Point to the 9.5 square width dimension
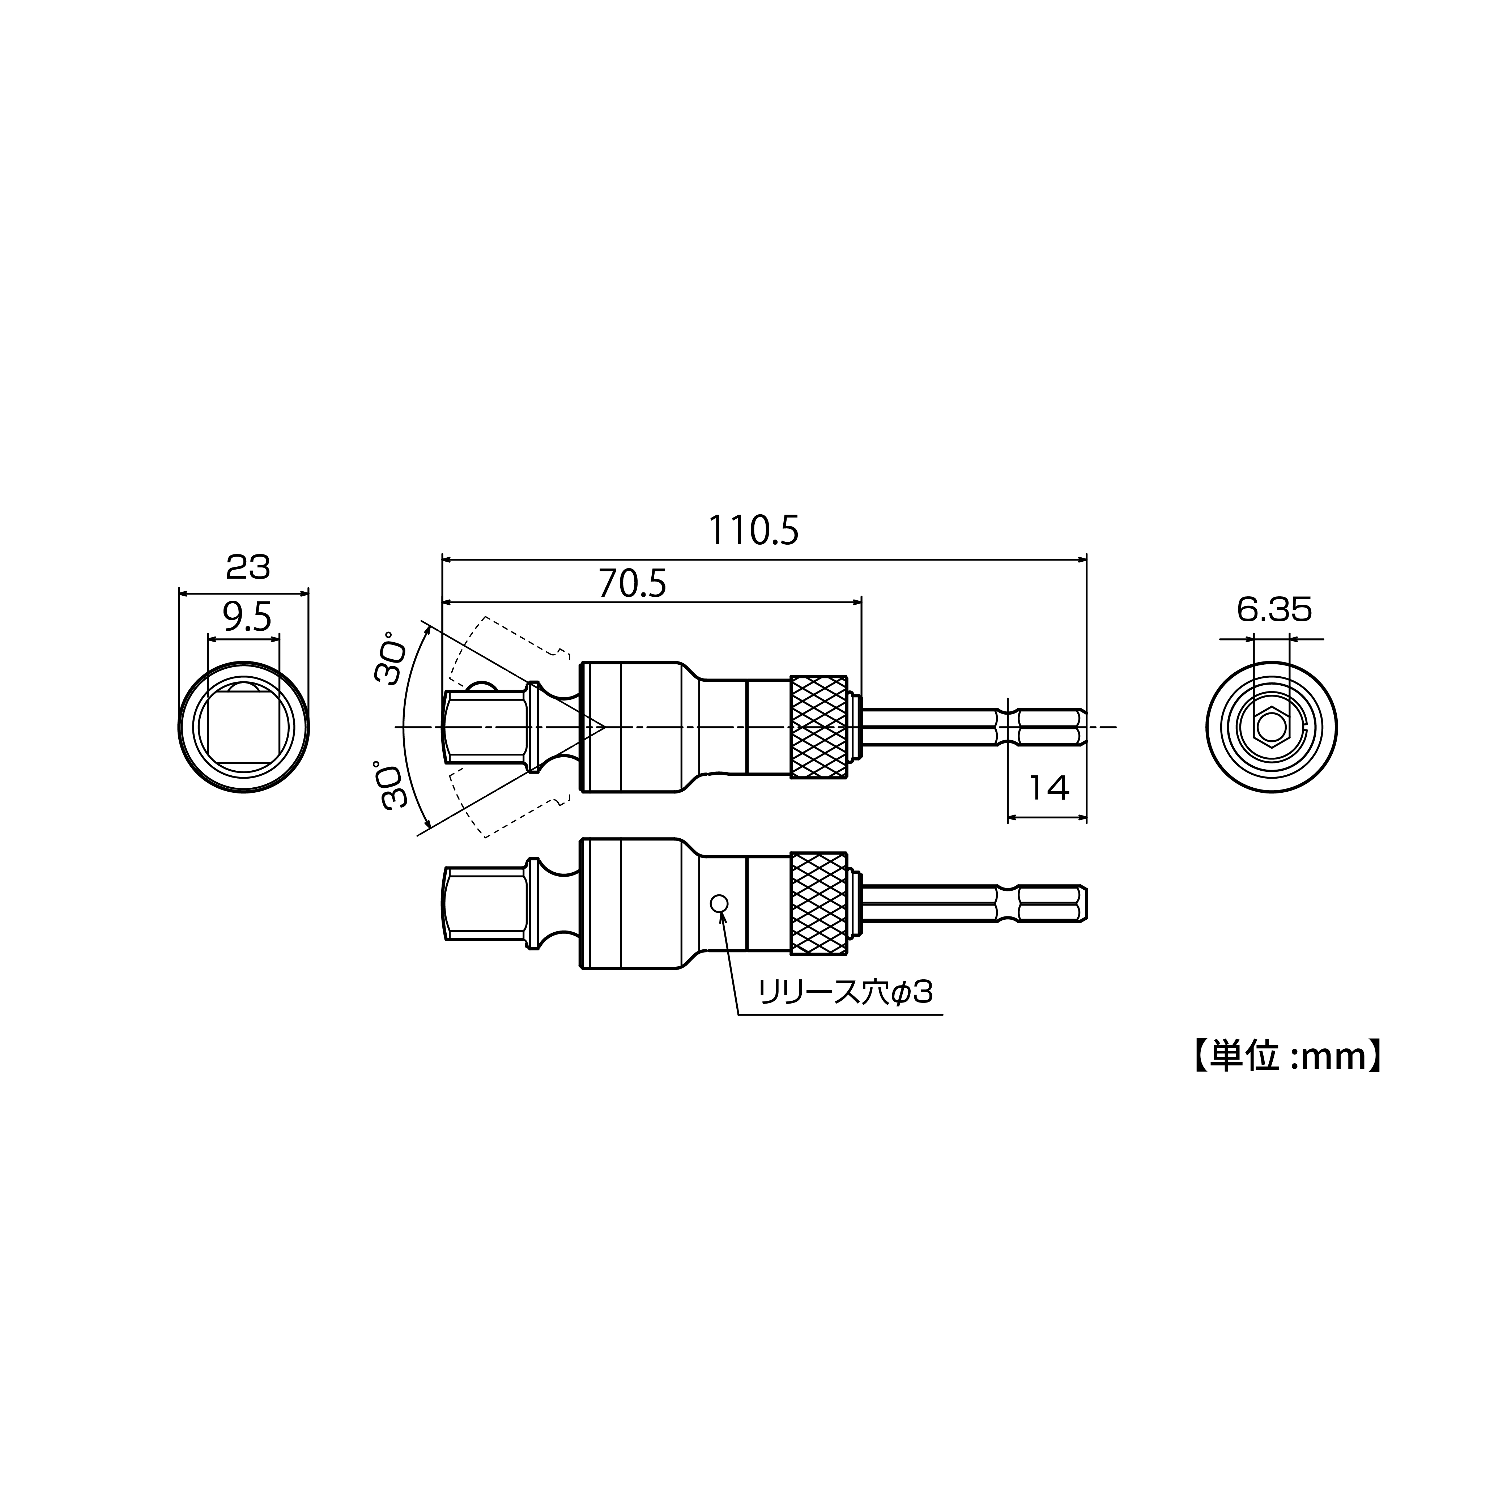(247, 618)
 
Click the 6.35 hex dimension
(1274, 610)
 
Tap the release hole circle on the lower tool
(719, 903)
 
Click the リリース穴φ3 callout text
(845, 993)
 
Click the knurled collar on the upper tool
(818, 727)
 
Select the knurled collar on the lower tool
(818, 903)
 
